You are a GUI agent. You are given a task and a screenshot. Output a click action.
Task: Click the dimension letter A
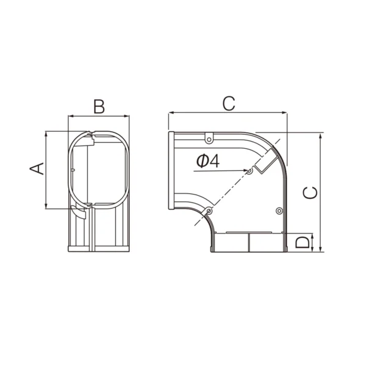point(37,168)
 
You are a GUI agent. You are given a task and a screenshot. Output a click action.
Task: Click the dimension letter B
point(99,107)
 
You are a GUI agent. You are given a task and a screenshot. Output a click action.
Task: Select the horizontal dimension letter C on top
point(229,104)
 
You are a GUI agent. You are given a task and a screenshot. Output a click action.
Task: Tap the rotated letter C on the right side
point(310,193)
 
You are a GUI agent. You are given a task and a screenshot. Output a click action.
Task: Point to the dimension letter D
point(302,242)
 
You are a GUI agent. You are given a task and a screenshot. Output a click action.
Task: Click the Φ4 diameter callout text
point(208,161)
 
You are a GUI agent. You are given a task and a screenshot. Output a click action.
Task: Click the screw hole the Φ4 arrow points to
point(249,171)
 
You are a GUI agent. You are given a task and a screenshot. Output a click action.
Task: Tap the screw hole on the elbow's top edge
point(209,140)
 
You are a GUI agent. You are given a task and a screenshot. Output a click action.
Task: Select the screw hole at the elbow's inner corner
point(209,211)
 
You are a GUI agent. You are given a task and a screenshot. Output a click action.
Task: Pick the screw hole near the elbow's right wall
point(279,211)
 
